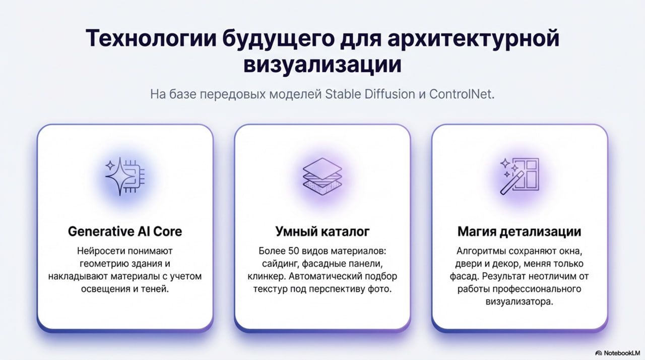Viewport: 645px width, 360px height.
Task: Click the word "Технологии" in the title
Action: (151, 38)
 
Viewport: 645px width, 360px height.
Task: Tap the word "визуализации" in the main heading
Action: (322, 64)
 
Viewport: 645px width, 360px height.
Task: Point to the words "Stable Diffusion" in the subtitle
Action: (370, 94)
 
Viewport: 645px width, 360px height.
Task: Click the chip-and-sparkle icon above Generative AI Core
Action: (125, 176)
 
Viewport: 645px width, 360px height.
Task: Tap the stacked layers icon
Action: (322, 176)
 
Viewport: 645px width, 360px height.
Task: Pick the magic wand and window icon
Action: (520, 176)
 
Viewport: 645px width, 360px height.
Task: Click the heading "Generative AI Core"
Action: (125, 231)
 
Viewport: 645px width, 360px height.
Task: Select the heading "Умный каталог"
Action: (322, 231)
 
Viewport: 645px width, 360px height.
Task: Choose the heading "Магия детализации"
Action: (520, 231)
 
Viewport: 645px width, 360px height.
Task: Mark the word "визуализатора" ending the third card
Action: (520, 302)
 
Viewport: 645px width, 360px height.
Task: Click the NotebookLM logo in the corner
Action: (618, 353)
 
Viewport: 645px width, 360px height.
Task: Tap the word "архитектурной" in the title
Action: (473, 39)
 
